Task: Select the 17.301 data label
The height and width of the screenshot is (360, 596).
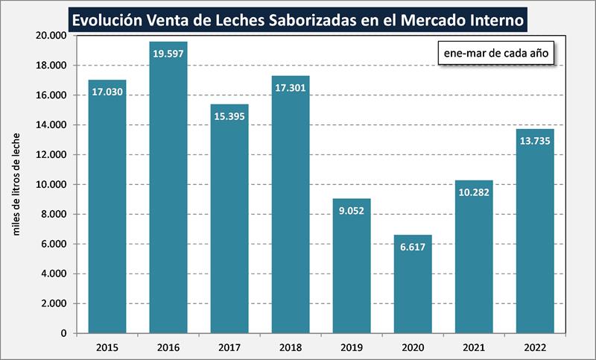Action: pos(291,88)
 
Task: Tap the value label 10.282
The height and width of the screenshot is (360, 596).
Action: pos(474,192)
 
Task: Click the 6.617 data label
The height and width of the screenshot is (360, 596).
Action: pos(413,247)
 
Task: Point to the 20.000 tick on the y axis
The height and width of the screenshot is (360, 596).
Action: pos(52,36)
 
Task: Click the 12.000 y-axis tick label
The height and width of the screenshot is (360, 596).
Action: pos(52,155)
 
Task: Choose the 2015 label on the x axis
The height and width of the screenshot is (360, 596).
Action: pos(107,347)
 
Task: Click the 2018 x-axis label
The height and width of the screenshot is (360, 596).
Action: pos(291,347)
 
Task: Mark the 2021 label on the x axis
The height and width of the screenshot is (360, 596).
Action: pos(474,347)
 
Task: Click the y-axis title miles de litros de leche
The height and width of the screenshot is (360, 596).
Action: pos(18,183)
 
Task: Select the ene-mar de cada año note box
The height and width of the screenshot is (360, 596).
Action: pos(495,54)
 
